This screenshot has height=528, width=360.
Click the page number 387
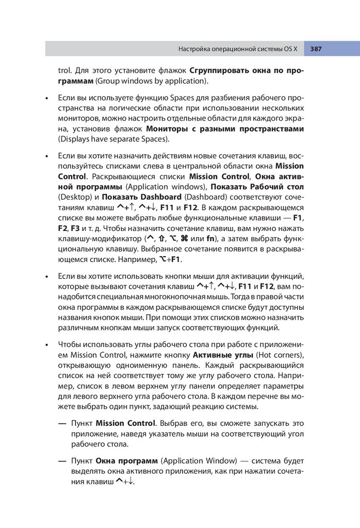point(316,49)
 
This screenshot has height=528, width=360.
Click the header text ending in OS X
point(238,49)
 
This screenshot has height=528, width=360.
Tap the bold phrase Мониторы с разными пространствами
point(225,128)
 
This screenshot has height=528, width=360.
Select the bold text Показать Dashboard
point(141,197)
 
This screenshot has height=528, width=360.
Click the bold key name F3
point(75,227)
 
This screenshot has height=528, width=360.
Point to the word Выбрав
point(174,423)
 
